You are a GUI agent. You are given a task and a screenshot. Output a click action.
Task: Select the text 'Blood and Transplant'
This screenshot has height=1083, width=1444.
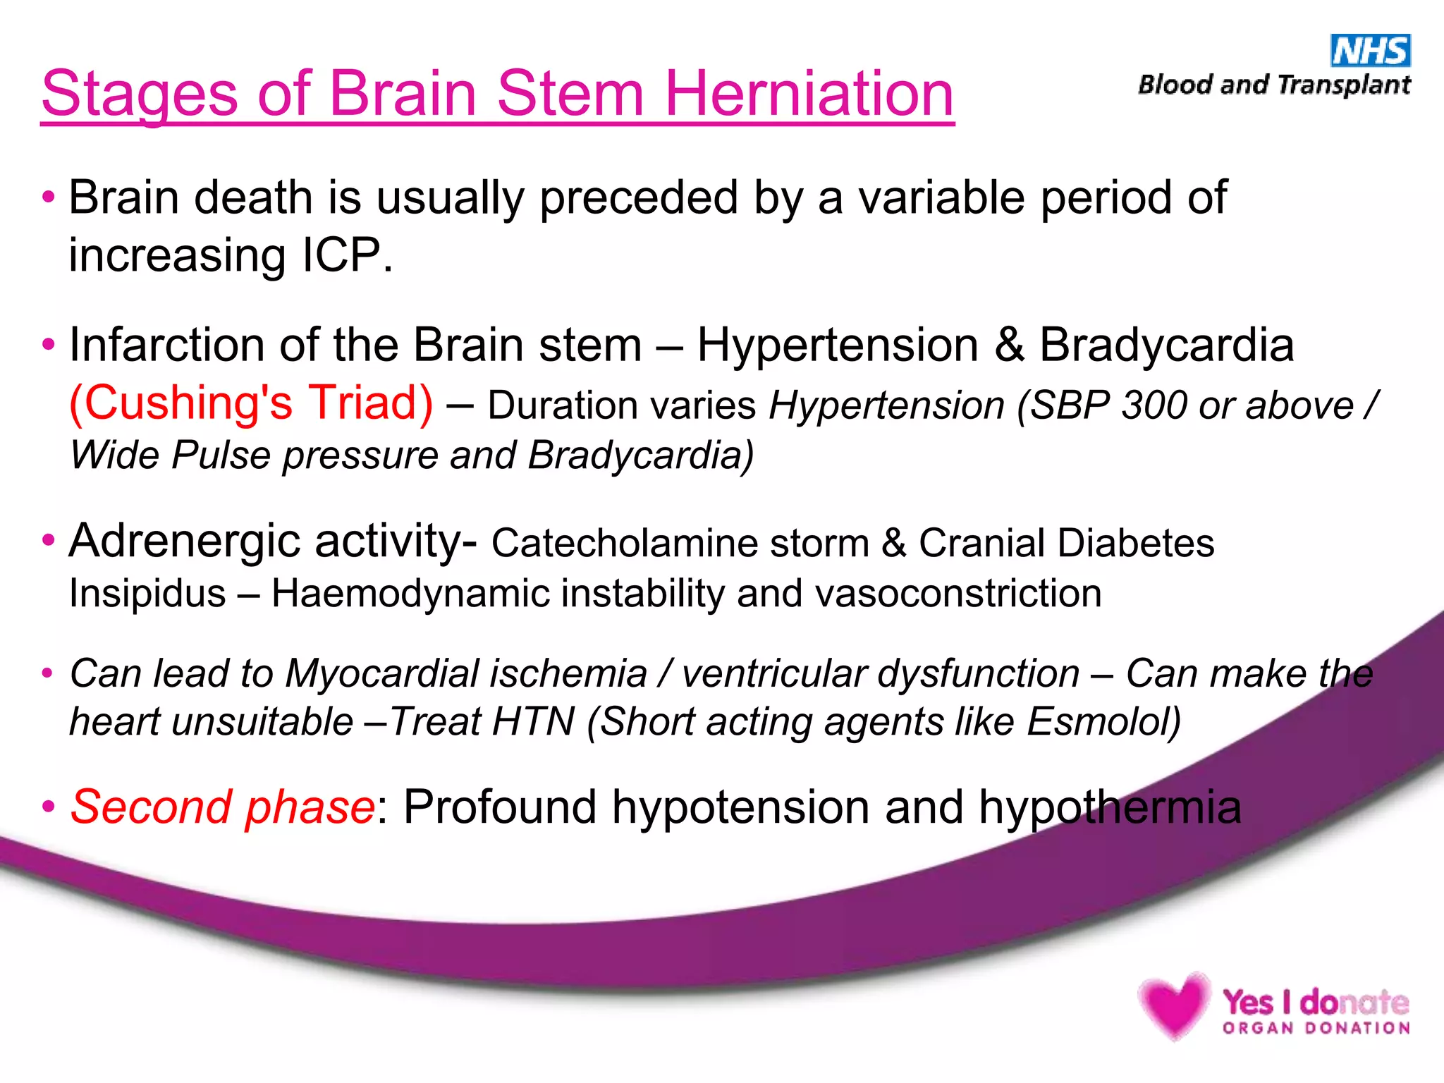(1274, 85)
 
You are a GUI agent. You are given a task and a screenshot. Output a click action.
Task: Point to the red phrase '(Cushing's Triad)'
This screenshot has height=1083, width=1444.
(251, 403)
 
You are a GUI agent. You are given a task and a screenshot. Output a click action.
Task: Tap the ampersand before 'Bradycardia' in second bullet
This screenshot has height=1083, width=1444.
(1009, 345)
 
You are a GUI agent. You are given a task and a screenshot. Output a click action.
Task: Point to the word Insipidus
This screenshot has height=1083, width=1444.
(147, 593)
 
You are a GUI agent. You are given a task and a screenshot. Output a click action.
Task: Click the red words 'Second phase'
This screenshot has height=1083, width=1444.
(222, 807)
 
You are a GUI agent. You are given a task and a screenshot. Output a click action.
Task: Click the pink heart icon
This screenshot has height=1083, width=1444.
(1173, 1005)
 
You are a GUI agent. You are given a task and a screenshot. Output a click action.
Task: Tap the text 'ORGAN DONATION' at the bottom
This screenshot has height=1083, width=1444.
(1316, 1029)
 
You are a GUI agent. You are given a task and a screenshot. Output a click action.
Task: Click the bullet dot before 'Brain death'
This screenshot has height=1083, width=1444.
(48, 197)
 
